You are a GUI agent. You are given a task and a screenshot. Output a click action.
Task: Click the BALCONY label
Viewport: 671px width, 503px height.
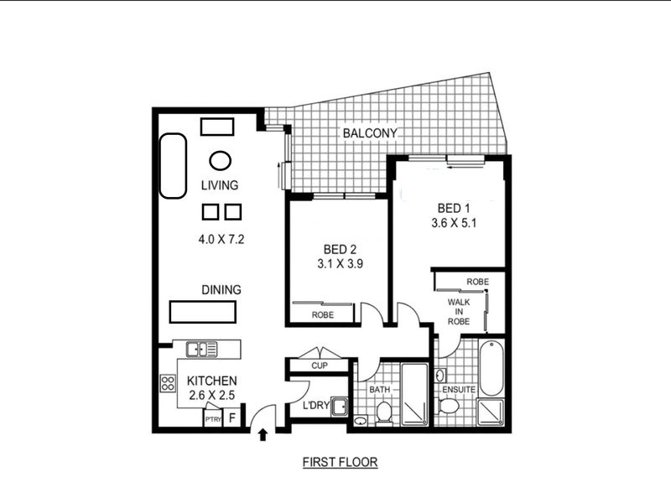pos(370,133)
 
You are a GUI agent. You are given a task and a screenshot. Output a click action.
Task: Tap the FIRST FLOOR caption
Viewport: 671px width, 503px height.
pos(341,462)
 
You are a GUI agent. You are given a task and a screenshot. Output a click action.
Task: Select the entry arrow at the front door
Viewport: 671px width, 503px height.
pos(263,435)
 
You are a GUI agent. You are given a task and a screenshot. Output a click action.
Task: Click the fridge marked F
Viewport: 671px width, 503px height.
pos(232,417)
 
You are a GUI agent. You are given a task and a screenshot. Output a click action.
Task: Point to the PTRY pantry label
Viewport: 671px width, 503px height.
pos(213,419)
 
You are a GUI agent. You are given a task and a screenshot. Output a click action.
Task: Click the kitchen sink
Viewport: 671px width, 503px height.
pos(202,349)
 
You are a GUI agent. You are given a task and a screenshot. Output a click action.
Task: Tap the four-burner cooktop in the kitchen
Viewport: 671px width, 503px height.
pos(168,383)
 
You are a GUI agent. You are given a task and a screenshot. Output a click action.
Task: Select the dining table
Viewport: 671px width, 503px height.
pos(202,312)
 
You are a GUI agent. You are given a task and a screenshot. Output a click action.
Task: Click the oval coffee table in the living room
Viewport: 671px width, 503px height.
pos(221,161)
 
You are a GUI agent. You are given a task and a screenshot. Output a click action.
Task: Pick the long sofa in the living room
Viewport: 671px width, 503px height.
pos(174,166)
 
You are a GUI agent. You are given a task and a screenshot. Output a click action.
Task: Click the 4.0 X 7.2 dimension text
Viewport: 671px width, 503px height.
pos(221,239)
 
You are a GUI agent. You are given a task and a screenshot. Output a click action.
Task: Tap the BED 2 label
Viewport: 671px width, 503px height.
pos(340,249)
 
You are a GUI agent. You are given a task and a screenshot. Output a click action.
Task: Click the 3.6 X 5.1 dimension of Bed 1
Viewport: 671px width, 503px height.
pos(454,223)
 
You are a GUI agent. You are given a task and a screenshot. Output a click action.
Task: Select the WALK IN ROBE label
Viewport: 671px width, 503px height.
pos(459,311)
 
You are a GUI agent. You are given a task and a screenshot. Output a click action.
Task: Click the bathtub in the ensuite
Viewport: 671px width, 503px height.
pos(492,368)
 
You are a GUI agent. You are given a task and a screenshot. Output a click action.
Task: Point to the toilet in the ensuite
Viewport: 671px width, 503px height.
pos(449,406)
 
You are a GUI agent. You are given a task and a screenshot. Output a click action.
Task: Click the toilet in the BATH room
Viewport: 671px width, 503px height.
pos(384,413)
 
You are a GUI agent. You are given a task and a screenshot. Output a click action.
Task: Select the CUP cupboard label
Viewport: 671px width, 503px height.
pos(320,366)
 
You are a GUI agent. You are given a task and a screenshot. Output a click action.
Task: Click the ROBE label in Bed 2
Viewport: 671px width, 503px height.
pos(323,315)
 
